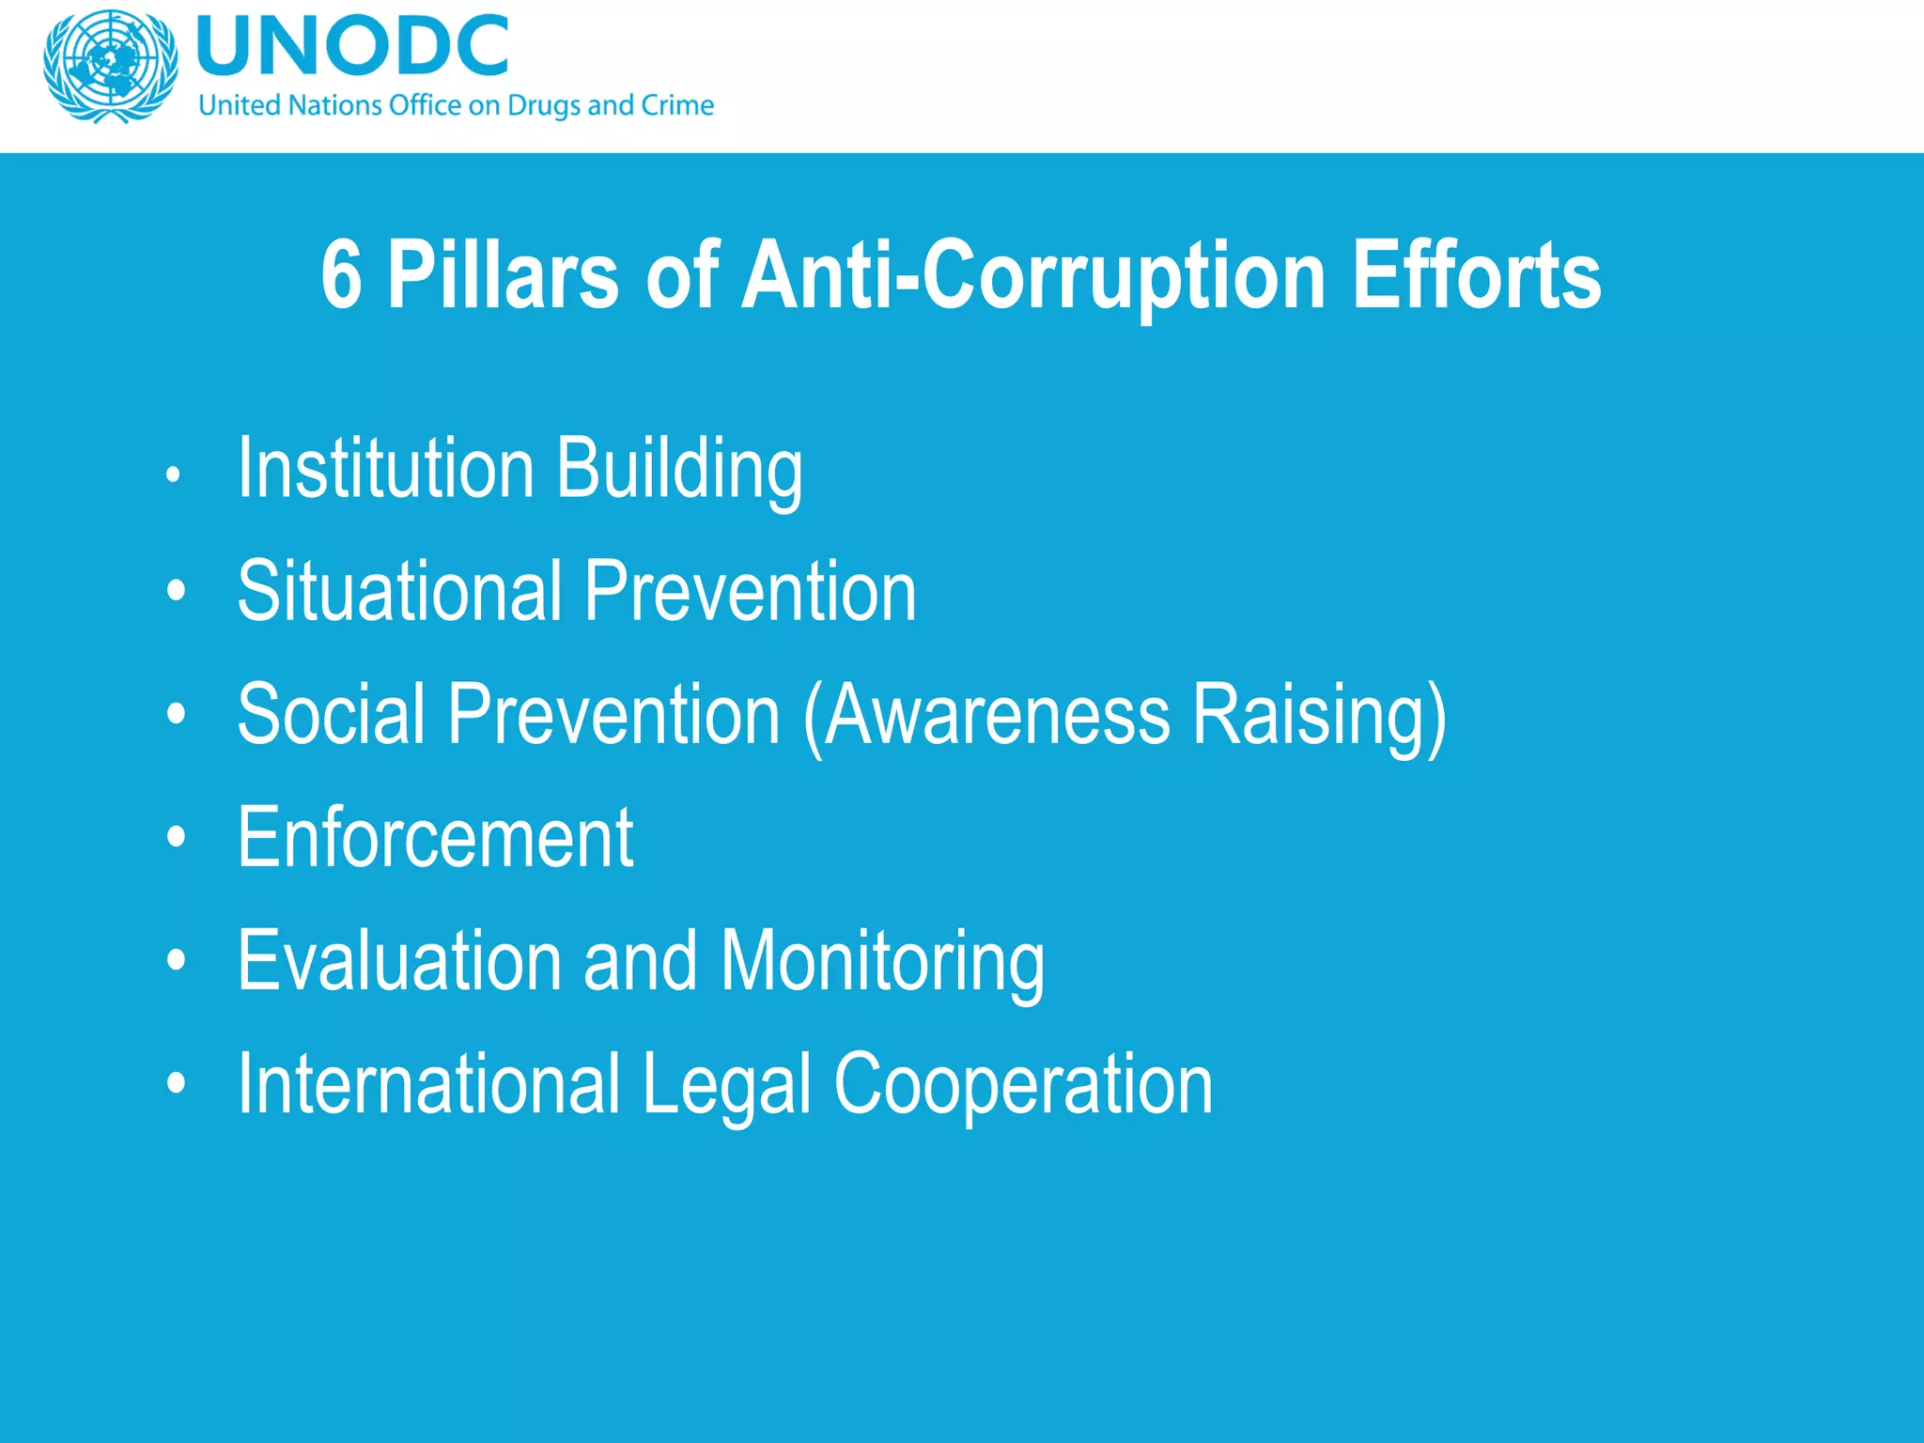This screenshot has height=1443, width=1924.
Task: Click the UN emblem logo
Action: click(x=111, y=66)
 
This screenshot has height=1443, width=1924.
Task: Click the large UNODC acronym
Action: click(x=353, y=46)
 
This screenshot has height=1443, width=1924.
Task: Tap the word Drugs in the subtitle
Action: click(x=543, y=105)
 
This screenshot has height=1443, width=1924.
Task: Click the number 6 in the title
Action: click(x=341, y=274)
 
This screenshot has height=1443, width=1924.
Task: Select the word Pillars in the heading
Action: click(x=503, y=274)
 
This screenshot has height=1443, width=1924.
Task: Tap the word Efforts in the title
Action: click(x=1476, y=274)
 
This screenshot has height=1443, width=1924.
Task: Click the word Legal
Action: click(x=726, y=1084)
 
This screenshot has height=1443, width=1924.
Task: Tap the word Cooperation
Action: click(x=1023, y=1084)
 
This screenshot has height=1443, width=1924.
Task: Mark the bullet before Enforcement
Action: click(x=176, y=837)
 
